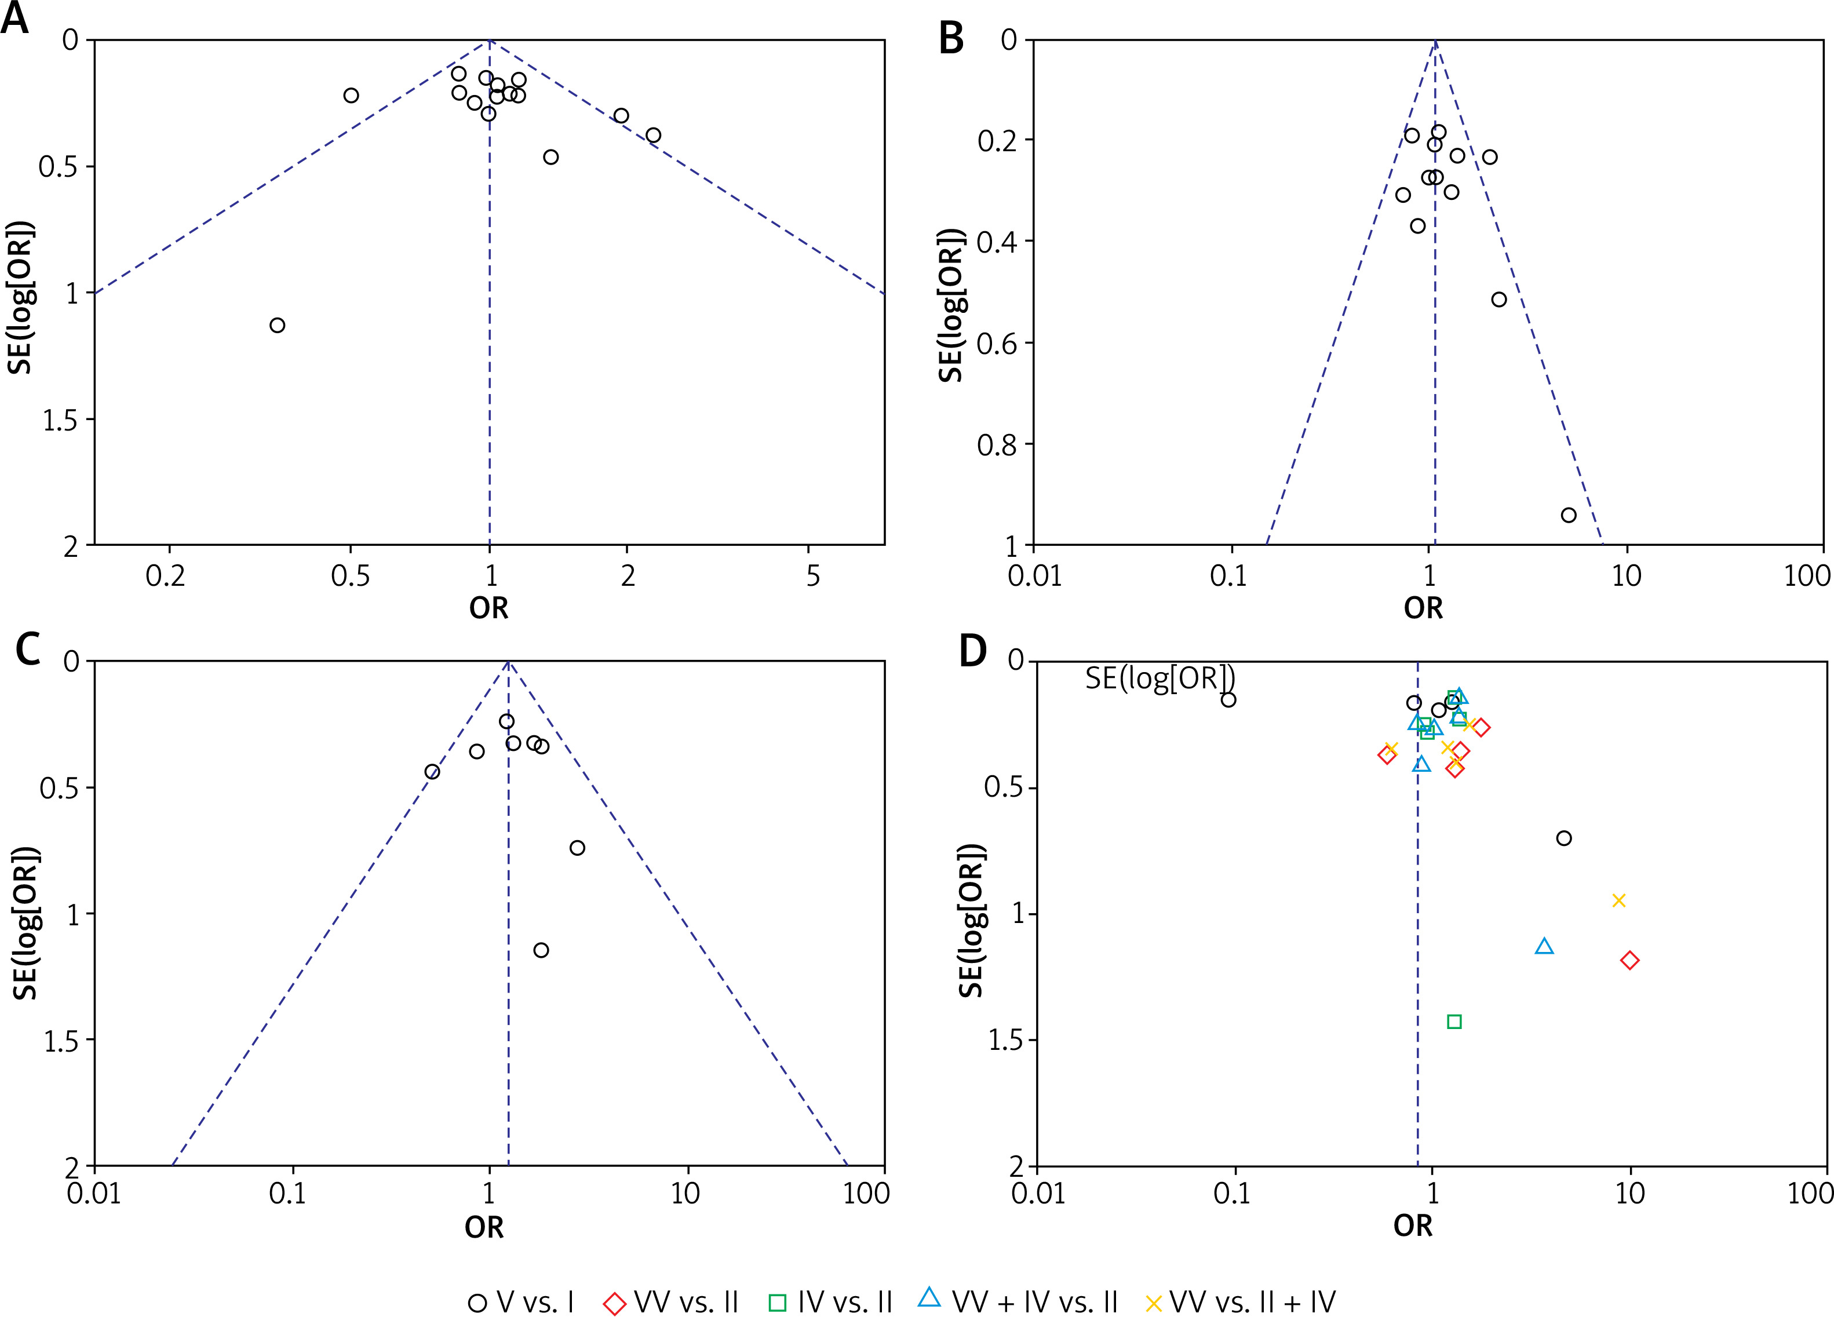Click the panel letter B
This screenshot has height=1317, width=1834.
pos(951,38)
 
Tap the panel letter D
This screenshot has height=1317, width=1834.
pos(973,650)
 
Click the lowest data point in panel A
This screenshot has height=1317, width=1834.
pos(278,325)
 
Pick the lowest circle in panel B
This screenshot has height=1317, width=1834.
pos(1569,515)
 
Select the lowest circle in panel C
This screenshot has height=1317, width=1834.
pos(541,950)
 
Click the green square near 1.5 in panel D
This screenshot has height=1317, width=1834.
pos(1454,1022)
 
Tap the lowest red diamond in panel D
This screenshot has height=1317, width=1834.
pos(1629,961)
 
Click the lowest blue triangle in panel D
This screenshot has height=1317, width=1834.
pos(1544,947)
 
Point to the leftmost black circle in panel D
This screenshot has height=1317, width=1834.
pos(1228,700)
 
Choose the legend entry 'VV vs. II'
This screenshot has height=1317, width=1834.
pos(670,1303)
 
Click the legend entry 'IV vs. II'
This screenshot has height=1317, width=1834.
pos(830,1303)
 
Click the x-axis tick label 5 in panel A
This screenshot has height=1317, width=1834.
pos(812,577)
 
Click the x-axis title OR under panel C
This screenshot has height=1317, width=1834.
pos(484,1227)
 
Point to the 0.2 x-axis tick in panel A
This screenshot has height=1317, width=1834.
pos(166,577)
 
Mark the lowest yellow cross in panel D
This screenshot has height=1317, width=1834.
pos(1618,900)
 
